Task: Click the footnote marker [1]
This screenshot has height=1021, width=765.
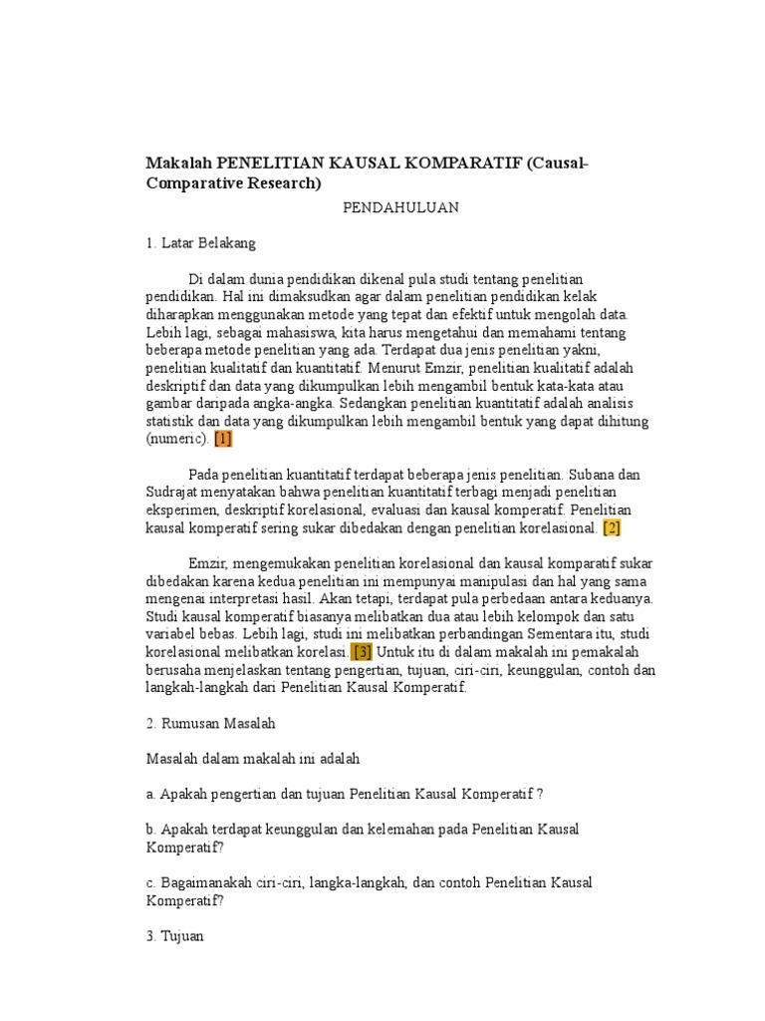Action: coord(222,439)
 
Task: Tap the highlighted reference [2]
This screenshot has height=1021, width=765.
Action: coord(612,527)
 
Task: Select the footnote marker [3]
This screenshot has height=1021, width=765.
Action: coord(363,652)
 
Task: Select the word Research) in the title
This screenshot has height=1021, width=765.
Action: coord(280,182)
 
